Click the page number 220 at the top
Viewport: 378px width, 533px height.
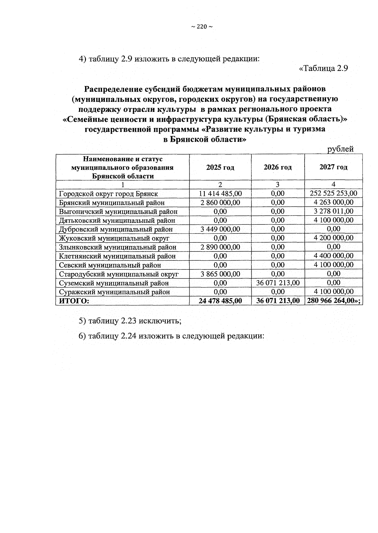(202, 27)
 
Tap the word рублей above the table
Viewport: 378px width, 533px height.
(341, 149)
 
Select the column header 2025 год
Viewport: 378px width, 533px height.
(220, 167)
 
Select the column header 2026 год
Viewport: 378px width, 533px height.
(278, 167)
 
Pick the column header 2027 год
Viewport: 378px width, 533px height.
(333, 167)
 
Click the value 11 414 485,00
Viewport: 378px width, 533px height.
(220, 194)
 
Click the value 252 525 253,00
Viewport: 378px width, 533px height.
(333, 193)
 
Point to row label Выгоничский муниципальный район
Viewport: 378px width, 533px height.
(118, 211)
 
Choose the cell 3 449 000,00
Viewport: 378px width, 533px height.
(220, 229)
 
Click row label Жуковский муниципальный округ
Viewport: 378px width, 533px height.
(114, 238)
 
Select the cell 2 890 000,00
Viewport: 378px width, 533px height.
(220, 247)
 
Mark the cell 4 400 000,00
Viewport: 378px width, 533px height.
(333, 256)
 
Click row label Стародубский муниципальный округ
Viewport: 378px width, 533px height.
(119, 274)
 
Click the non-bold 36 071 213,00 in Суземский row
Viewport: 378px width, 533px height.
(278, 283)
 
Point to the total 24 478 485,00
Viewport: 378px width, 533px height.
(220, 301)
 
